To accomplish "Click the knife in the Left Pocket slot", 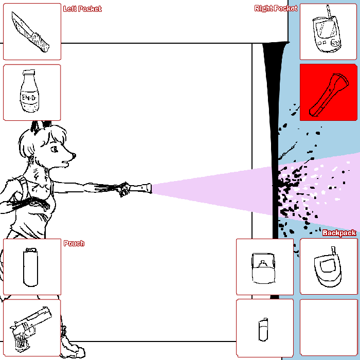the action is pyautogui.click(x=30, y=32).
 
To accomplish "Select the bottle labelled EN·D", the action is pyautogui.click(x=30, y=92).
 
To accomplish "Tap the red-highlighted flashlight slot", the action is pyautogui.click(x=328, y=92).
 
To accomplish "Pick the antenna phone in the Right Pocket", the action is pyautogui.click(x=327, y=29).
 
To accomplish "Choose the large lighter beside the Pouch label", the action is pyautogui.click(x=30, y=267).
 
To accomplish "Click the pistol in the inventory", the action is pyautogui.click(x=31, y=328).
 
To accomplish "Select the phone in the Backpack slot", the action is pyautogui.click(x=328, y=267).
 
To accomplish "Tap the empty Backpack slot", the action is pyautogui.click(x=329, y=328).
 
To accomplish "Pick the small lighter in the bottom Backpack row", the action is pyautogui.click(x=263, y=330).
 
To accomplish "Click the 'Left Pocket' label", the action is pyautogui.click(x=82, y=9).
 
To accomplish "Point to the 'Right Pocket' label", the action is pyautogui.click(x=276, y=8).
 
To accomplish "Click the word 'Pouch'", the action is pyautogui.click(x=74, y=243).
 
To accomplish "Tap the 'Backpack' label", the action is pyautogui.click(x=339, y=233).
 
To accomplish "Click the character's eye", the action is pyautogui.click(x=55, y=150).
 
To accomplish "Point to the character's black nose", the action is pyautogui.click(x=74, y=156).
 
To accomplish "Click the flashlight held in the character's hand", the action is pyautogui.click(x=140, y=188).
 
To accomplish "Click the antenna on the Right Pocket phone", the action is pyautogui.click(x=329, y=11).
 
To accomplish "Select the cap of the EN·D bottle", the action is pyautogui.click(x=29, y=73).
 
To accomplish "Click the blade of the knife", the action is pyautogui.click(x=22, y=24).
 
